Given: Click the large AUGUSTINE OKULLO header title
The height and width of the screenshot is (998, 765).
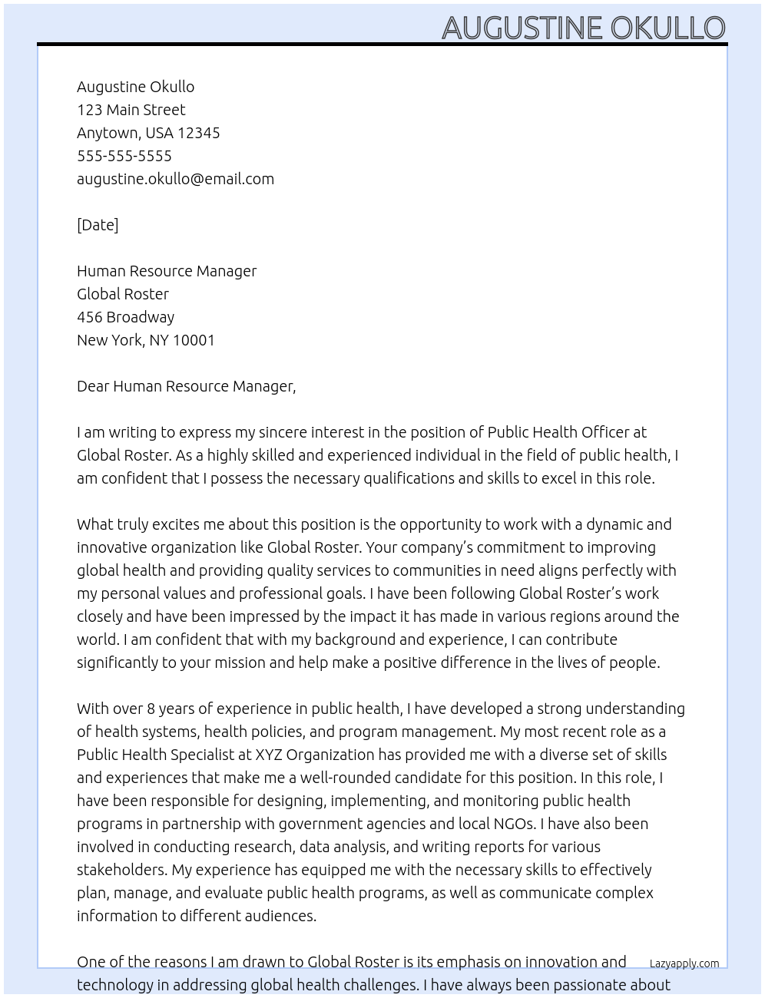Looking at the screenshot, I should [x=583, y=28].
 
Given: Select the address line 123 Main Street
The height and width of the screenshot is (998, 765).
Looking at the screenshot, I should [x=131, y=110].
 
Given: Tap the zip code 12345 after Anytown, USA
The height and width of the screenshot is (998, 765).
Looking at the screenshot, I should [x=199, y=133].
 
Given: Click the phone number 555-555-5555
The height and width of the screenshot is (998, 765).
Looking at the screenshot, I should [x=124, y=156].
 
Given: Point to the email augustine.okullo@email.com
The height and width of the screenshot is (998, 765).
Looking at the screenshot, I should [x=175, y=179].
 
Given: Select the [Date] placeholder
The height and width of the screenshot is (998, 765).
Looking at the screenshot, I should [x=98, y=225].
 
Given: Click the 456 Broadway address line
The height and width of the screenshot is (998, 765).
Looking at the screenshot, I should [x=125, y=317].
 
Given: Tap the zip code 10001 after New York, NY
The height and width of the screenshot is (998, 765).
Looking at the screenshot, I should [x=194, y=340].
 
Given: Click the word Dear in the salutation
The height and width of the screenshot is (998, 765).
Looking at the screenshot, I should [x=93, y=386].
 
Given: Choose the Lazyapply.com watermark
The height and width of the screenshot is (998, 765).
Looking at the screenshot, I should [x=684, y=963].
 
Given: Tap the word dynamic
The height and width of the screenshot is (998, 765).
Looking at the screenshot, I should [x=614, y=524].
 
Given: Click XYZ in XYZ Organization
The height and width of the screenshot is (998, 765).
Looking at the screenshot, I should [x=269, y=755].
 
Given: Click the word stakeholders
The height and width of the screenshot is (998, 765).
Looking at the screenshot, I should [x=121, y=870].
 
